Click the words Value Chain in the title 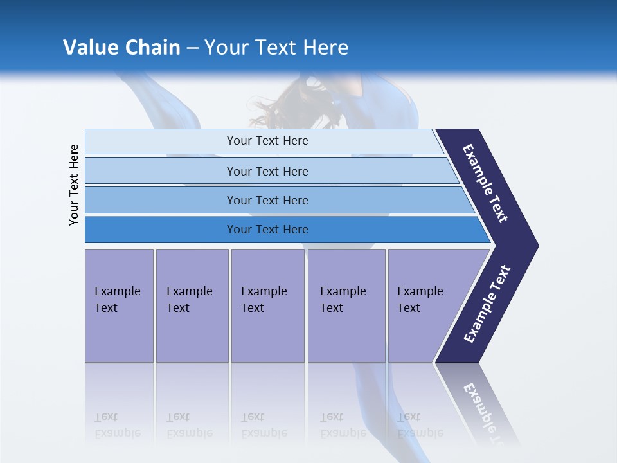[121, 47]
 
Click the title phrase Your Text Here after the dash [276, 47]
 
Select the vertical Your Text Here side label [75, 185]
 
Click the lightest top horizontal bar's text [267, 141]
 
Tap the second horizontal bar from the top [267, 171]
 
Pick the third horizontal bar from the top [267, 200]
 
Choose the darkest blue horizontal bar [267, 230]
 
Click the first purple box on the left [119, 305]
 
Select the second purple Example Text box [192, 305]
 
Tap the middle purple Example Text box [267, 305]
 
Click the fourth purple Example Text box [346, 305]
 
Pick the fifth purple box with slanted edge [424, 305]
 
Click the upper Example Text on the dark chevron [486, 183]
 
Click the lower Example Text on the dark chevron [487, 304]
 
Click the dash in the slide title [192, 48]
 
